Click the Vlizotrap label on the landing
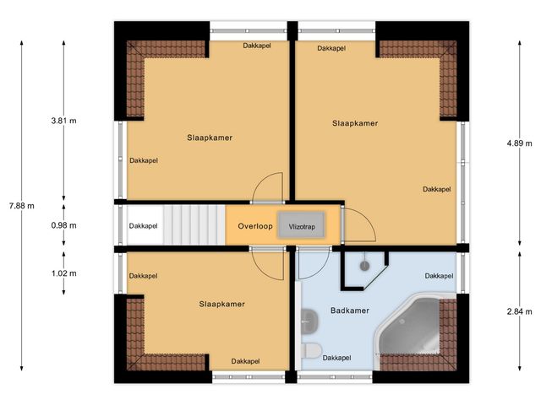point(302,227)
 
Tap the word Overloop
point(254,227)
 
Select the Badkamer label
point(349,311)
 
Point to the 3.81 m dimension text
point(63,121)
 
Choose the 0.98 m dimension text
point(63,225)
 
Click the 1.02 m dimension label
point(63,273)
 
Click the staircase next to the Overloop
point(193,225)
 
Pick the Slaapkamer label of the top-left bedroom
point(210,137)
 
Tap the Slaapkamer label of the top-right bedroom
point(355,123)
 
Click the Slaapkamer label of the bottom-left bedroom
point(222,304)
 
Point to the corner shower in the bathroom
point(363,267)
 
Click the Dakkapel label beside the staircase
point(143,226)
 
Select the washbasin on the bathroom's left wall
point(305,319)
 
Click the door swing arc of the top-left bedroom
point(269,187)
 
